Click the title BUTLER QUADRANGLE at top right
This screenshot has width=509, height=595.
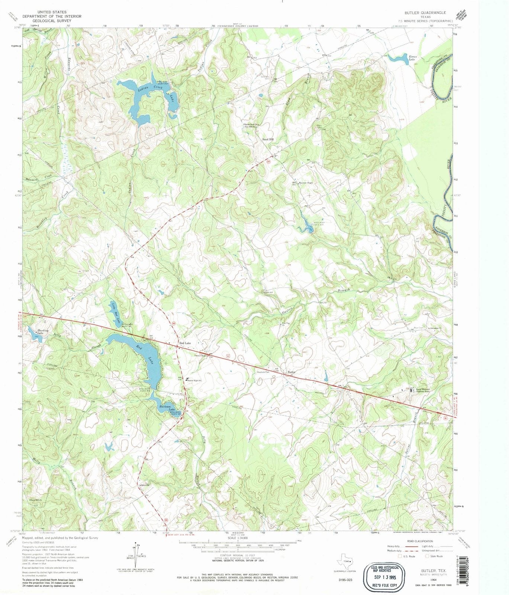click(425, 13)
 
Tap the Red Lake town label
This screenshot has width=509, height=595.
click(185, 343)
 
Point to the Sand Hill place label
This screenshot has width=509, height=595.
click(268, 139)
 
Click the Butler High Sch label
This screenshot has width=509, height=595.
click(194, 380)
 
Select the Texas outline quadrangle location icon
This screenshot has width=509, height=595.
click(344, 561)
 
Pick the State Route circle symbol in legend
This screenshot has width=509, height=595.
click(427, 556)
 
